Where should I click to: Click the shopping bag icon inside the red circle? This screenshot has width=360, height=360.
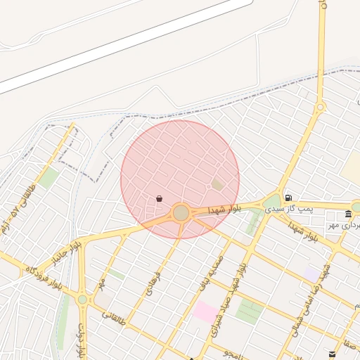pyautogui.click(x=160, y=199)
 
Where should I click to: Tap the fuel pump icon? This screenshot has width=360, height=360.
pyautogui.click(x=288, y=198)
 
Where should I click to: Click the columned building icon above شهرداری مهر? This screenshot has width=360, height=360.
pyautogui.click(x=348, y=214)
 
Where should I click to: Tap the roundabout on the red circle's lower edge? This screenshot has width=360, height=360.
pyautogui.click(x=181, y=212)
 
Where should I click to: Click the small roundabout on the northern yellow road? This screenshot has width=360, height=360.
pyautogui.click(x=321, y=108)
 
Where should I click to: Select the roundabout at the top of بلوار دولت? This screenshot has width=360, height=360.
pyautogui.click(x=82, y=300)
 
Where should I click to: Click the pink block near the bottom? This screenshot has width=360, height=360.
pyautogui.click(x=205, y=311)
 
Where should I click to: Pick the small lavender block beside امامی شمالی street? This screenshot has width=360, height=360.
pyautogui.click(x=311, y=273)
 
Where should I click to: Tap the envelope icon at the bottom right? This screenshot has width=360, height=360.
pyautogui.click(x=332, y=354)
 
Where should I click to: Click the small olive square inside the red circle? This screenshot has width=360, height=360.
pyautogui.click(x=217, y=185)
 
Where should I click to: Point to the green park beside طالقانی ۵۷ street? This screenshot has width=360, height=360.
pyautogui.click(x=48, y=177)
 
